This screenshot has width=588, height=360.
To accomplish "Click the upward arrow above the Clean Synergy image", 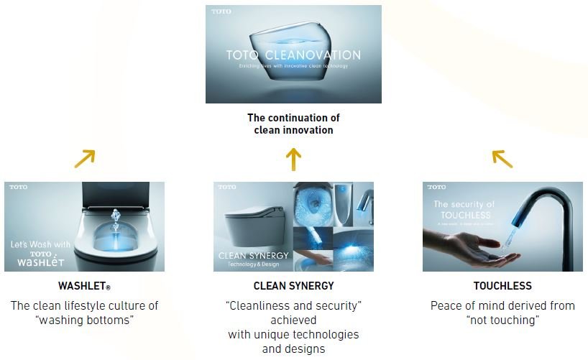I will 292,160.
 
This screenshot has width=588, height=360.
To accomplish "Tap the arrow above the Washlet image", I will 85,158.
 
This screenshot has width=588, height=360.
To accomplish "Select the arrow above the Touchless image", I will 502,158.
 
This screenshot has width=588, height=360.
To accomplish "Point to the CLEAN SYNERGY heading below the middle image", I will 294,286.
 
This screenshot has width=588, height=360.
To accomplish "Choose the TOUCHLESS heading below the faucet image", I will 502,286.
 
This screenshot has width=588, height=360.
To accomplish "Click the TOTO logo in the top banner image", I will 219,12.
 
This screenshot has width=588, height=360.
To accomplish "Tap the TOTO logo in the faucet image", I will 436,188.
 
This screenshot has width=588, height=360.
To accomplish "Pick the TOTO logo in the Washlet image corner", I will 19,188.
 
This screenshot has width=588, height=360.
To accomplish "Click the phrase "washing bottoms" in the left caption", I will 84,320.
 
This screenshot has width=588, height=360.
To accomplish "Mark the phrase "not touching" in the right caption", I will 502,320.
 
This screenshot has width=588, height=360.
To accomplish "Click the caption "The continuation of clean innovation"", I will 293,124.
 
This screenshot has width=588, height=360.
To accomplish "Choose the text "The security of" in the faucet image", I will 464,205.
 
